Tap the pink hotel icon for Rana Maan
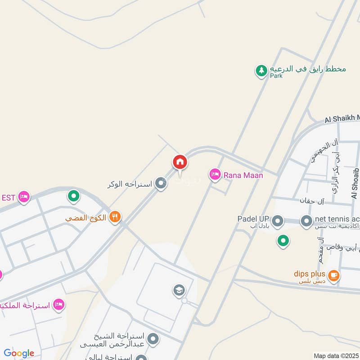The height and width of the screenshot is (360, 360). tap(215, 175)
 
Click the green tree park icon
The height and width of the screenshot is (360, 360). tap(261, 71)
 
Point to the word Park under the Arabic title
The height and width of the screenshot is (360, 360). tap(276, 76)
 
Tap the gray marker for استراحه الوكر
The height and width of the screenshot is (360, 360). tap(160, 183)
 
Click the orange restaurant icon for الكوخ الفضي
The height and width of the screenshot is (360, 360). tap(115, 217)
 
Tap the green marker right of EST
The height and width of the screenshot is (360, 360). tap(73, 196)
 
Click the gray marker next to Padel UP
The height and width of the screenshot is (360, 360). tap(278, 221)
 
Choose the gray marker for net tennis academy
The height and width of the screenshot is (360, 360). tap(306, 221)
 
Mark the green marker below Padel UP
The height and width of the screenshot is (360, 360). tap(283, 241)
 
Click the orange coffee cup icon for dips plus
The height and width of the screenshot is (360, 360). tap(333, 275)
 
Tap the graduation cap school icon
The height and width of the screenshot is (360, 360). tap(179, 290)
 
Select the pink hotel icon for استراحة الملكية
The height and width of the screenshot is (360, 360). tap(58, 305)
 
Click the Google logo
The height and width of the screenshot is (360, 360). tap(19, 353)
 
